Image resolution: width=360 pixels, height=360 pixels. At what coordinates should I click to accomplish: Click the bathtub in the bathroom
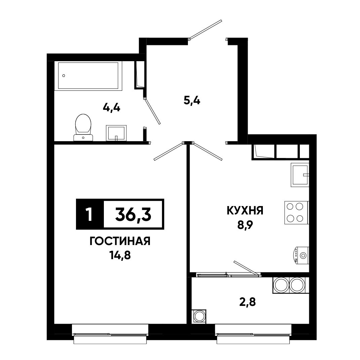[88, 76]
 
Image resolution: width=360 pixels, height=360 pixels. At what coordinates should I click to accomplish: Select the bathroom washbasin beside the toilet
[116, 133]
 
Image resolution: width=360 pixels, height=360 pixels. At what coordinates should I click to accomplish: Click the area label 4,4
[112, 108]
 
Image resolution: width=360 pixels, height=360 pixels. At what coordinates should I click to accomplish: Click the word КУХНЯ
[245, 210]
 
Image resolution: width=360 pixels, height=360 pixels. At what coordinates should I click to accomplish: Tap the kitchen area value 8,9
[245, 226]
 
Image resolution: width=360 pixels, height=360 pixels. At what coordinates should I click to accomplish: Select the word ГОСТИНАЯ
[120, 241]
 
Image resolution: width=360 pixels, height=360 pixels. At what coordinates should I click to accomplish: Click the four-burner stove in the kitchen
[296, 212]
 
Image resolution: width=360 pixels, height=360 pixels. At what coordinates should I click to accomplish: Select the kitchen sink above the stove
[300, 175]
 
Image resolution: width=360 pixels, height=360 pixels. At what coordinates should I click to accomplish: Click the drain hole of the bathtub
[64, 76]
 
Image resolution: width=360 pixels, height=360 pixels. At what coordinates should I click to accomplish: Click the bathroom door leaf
[152, 111]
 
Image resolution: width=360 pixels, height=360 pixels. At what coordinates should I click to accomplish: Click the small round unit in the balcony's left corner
[199, 316]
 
